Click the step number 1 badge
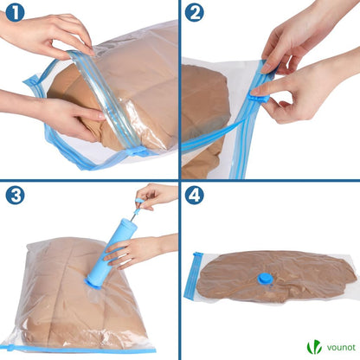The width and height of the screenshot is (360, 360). tap(15, 12)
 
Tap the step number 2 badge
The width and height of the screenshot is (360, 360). tap(195, 12)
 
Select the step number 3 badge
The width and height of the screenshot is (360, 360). tap(15, 195)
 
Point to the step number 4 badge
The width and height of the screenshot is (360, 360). tap(195, 195)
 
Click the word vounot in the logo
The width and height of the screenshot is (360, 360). tap(341, 347)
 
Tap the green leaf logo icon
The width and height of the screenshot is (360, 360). tap(314, 346)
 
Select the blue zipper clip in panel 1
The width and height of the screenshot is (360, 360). tap(137, 151)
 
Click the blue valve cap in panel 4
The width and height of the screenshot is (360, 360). tap(265, 279)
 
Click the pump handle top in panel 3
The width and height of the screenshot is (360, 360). tap(140, 200)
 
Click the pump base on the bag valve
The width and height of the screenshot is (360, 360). tap(93, 283)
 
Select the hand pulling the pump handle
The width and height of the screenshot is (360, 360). tap(157, 196)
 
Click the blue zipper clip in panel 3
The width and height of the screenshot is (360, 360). tap(10, 347)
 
